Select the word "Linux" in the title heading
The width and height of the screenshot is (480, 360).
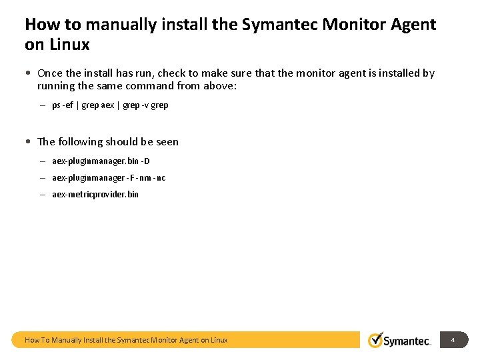tap(67, 45)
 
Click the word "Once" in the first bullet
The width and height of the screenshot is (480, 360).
tap(50, 73)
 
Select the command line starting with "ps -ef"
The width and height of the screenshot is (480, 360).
tap(110, 105)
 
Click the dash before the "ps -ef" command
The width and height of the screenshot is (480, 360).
tap(41, 105)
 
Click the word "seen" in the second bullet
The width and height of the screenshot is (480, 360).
tap(167, 142)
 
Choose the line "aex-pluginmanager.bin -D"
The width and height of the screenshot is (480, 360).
tap(101, 161)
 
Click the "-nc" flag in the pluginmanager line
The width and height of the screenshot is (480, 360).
tap(160, 178)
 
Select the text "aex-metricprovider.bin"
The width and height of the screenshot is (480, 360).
tap(95, 195)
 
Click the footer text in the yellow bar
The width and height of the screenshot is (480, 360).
tap(126, 340)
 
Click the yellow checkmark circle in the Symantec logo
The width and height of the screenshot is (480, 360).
tap(376, 340)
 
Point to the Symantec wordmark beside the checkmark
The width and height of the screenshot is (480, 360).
tap(407, 341)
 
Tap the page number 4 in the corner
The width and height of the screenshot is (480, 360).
tap(453, 340)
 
